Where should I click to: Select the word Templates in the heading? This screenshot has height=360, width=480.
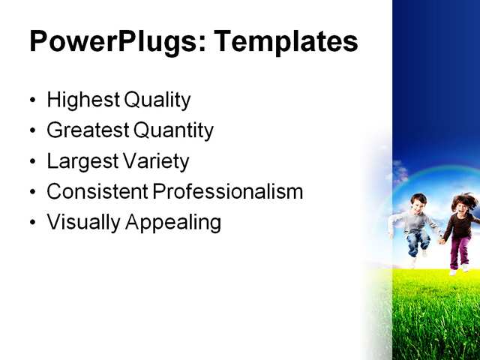[x=286, y=42]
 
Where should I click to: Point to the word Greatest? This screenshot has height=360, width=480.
[x=88, y=130]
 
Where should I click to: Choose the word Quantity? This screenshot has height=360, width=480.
[x=174, y=130]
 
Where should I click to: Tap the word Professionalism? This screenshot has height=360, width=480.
[x=228, y=192]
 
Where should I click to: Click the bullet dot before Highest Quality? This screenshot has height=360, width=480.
[x=31, y=100]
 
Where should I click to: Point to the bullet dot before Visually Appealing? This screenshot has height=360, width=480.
[x=31, y=223]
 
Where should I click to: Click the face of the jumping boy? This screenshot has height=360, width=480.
[x=417, y=202]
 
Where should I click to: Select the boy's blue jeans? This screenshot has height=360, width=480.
[x=417, y=240]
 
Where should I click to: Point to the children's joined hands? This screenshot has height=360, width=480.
[x=442, y=240]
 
